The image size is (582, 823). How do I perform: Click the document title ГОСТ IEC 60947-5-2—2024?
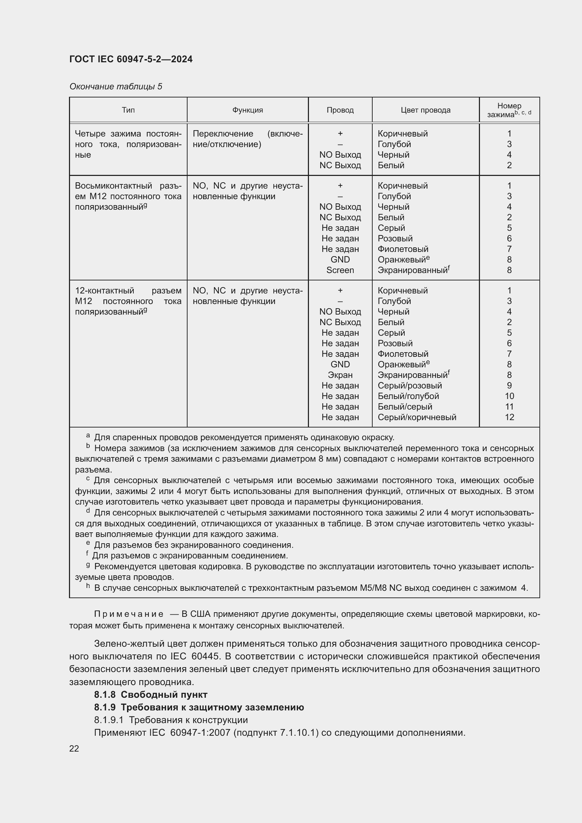pos(131,59)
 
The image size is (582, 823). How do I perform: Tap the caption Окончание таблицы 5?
pos(116,87)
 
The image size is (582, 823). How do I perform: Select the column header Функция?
pos(247,110)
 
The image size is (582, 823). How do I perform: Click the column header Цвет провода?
pos(425,110)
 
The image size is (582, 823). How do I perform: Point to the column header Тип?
pos(128,110)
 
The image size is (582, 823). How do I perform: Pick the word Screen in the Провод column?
pos(340,270)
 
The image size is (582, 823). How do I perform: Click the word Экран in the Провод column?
pos(340,375)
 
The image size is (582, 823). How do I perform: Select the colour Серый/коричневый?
pos(417,417)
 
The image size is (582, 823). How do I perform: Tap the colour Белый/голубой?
pos(408,396)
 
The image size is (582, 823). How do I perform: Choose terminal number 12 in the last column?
pos(509,417)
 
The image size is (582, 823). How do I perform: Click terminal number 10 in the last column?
pos(509,396)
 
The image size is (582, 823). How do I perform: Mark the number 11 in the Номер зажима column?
pos(509,406)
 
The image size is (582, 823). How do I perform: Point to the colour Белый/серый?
pos(405,406)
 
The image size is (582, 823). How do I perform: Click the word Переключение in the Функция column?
pos(222,134)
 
